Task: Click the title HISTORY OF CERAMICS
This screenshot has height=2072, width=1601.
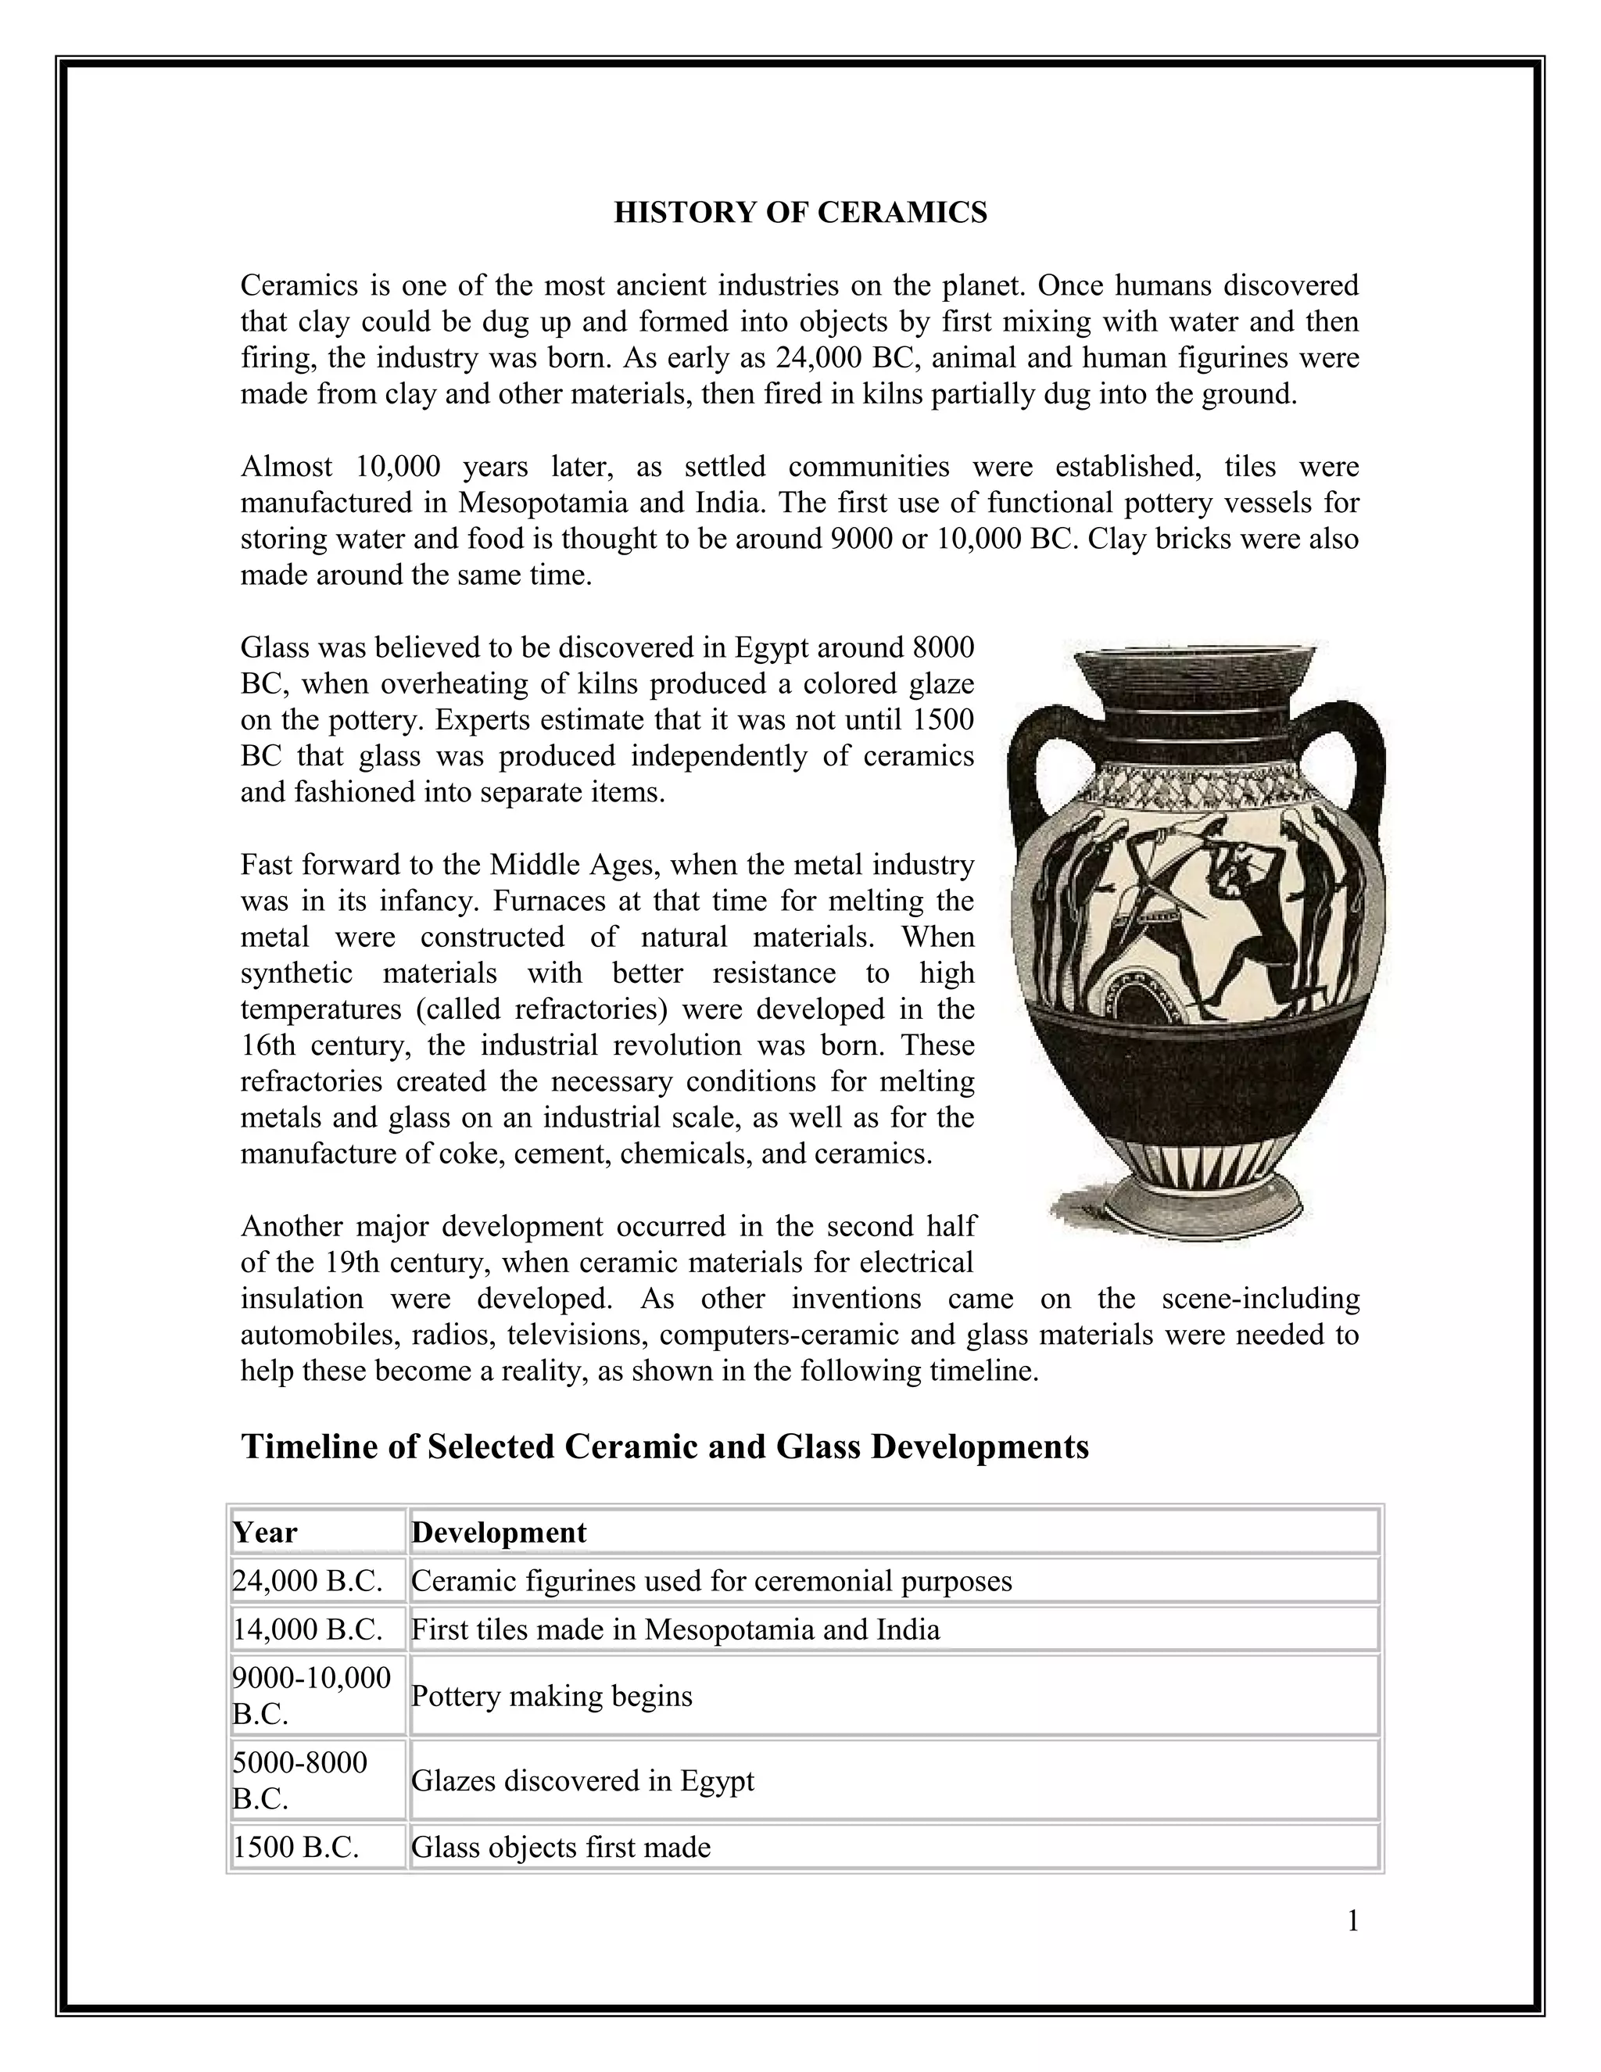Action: pos(800,213)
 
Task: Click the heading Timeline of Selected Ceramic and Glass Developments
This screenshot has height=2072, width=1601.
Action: pos(664,1446)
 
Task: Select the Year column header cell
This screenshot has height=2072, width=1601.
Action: pos(317,1532)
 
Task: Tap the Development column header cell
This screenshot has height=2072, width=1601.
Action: pos(891,1532)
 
